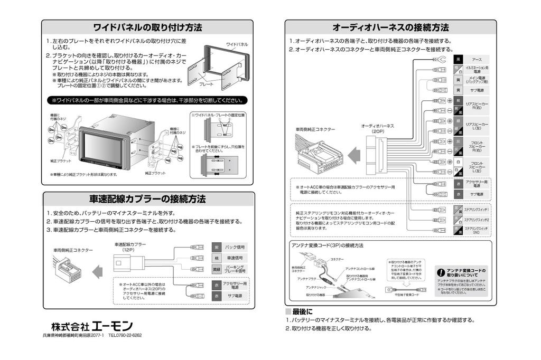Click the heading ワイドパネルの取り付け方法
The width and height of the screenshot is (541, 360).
point(147,27)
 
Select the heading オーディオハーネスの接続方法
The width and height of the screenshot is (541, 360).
point(390,27)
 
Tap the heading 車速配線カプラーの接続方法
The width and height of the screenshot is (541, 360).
point(147,199)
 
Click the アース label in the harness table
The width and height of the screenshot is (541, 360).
point(477,59)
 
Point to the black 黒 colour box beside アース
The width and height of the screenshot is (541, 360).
point(459,59)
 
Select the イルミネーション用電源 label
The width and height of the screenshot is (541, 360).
point(477,69)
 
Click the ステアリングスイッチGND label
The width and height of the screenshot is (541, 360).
point(477,230)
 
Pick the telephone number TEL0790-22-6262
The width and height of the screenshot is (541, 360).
point(125,336)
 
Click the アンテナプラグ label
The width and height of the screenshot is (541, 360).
point(307,278)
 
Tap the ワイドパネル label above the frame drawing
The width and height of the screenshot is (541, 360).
point(237,44)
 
